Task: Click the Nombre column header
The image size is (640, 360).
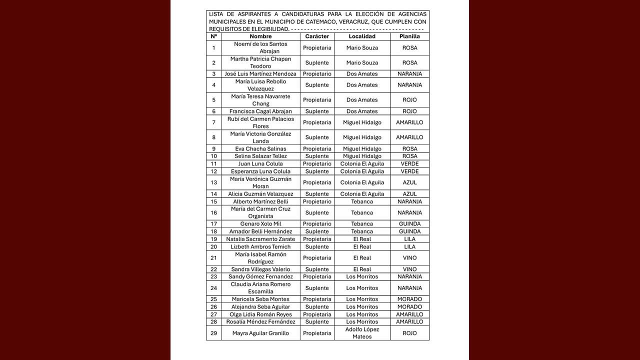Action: (x=260, y=36)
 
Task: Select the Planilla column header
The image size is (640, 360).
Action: (x=409, y=36)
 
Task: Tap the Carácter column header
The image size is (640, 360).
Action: (x=317, y=36)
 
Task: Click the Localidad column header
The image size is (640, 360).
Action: (x=362, y=36)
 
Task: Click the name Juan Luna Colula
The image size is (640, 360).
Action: (x=260, y=164)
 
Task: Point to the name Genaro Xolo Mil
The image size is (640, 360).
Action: (x=260, y=224)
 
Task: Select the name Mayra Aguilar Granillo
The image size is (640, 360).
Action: (x=260, y=333)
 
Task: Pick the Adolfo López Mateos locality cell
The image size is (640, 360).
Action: (x=362, y=333)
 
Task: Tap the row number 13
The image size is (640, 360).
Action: (x=214, y=182)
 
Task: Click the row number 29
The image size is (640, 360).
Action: (x=214, y=333)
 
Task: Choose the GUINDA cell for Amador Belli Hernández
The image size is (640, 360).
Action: (x=409, y=231)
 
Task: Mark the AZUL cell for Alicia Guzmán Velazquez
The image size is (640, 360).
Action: (x=409, y=194)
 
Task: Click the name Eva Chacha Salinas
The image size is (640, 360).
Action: (x=260, y=149)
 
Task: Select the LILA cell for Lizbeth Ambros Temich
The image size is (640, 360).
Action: (x=409, y=247)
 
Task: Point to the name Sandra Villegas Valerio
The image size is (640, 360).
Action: (x=260, y=269)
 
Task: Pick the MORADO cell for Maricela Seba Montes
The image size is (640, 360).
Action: (x=409, y=299)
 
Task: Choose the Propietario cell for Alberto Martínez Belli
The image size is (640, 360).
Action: (x=317, y=201)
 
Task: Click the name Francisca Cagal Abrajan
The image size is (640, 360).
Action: (x=260, y=111)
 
